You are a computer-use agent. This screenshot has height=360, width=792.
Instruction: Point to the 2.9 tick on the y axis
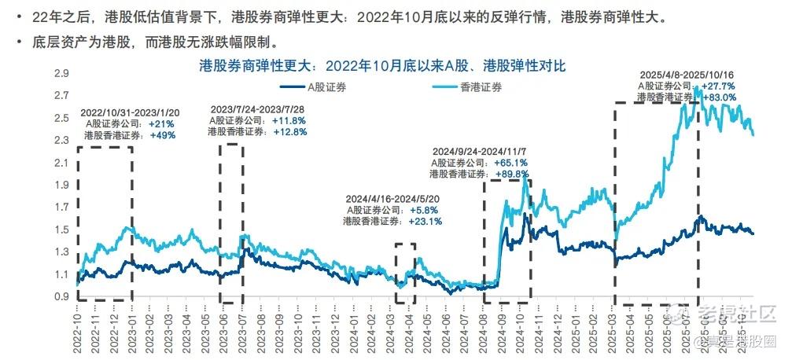click(x=61, y=74)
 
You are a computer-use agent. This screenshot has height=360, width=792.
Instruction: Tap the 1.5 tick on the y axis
click(x=61, y=230)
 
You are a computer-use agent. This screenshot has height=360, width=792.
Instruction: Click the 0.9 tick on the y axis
click(x=61, y=296)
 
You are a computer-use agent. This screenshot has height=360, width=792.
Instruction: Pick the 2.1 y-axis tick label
click(x=61, y=163)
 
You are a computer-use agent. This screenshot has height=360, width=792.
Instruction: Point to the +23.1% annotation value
click(x=425, y=222)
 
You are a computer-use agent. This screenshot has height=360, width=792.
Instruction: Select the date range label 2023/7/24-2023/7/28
click(x=258, y=109)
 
